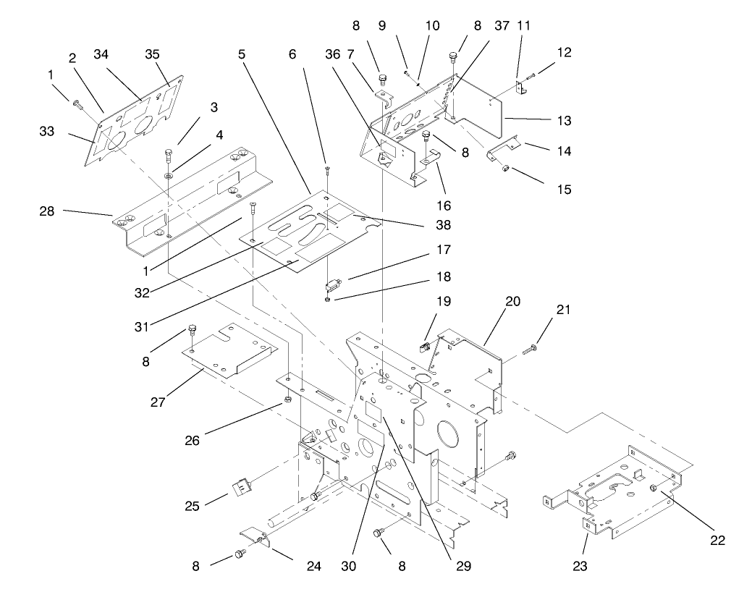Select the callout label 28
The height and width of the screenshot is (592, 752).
pyautogui.click(x=48, y=211)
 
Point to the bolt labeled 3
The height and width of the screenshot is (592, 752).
pyautogui.click(x=168, y=154)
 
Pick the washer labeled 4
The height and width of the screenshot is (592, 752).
pyautogui.click(x=168, y=176)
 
